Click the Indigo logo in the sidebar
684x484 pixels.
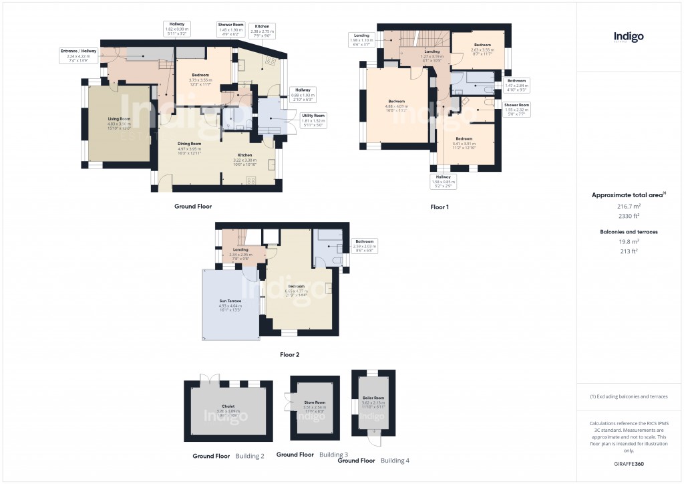click(x=629, y=37)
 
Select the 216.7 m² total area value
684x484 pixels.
click(x=628, y=207)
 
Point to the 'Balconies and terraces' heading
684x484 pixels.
click(x=628, y=232)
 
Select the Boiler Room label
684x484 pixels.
click(x=373, y=400)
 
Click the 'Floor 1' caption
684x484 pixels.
click(x=439, y=207)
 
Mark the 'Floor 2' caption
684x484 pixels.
click(x=289, y=355)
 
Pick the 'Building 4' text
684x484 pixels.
click(x=395, y=461)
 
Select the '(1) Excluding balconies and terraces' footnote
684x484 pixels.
click(x=629, y=396)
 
